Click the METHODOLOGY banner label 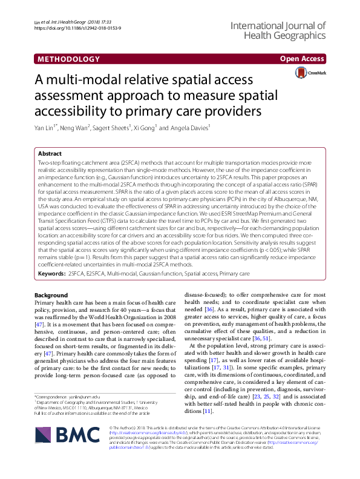(x=68, y=59)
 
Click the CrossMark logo (x=310, y=73)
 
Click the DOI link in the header (x=72, y=28)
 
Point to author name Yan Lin (x=47, y=128)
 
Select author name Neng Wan (x=79, y=128)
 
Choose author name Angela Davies (x=190, y=128)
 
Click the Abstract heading (x=50, y=154)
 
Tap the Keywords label (x=51, y=274)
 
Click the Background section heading (x=51, y=294)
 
